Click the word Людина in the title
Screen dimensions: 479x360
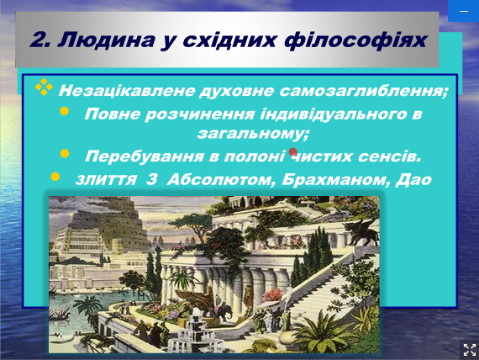(106, 40)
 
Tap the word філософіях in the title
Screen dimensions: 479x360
(355, 40)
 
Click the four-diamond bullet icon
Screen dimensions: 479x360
(44, 87)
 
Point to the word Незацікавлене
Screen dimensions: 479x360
(127, 91)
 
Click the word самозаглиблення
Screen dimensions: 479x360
(364, 91)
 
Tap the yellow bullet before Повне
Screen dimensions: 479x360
(65, 111)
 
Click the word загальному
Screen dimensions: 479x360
(253, 134)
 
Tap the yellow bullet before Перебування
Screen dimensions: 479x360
(65, 153)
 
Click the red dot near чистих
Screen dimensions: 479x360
(293, 152)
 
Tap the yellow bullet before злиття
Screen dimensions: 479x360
(55, 177)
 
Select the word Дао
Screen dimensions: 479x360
(413, 180)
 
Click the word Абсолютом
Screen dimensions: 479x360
(219, 180)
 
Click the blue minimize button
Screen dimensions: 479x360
(463, 11)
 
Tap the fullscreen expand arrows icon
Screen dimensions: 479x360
(470, 350)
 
